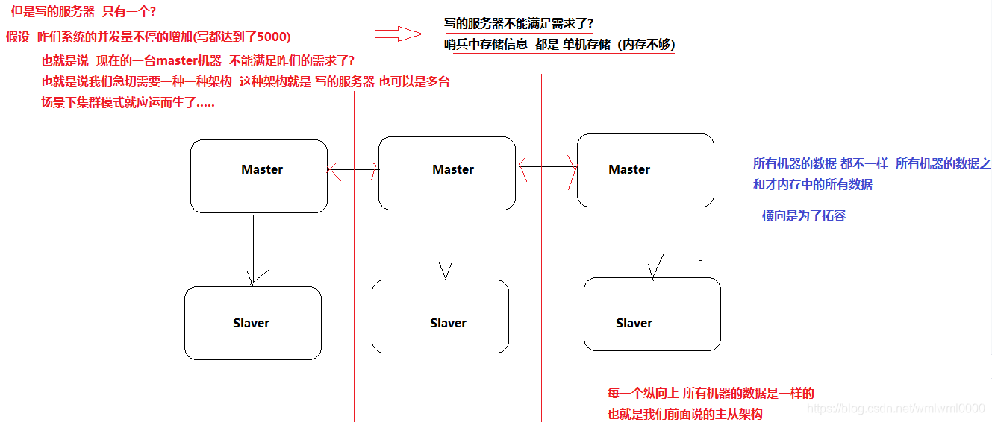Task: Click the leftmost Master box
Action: click(258, 176)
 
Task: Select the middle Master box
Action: click(446, 173)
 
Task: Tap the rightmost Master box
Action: click(645, 170)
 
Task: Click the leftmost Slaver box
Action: click(252, 323)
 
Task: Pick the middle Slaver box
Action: click(440, 316)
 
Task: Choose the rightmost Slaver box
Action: click(652, 314)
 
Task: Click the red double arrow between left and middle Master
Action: click(353, 170)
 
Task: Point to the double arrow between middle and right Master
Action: click(547, 167)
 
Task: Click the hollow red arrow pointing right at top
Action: click(398, 34)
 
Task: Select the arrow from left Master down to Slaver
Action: click(254, 250)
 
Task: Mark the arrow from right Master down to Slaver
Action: click(655, 242)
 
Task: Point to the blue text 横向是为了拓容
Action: click(803, 216)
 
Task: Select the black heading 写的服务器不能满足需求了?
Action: click(518, 23)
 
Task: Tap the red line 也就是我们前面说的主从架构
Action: click(684, 414)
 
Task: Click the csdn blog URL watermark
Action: click(897, 408)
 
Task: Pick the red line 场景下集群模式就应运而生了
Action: click(128, 103)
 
